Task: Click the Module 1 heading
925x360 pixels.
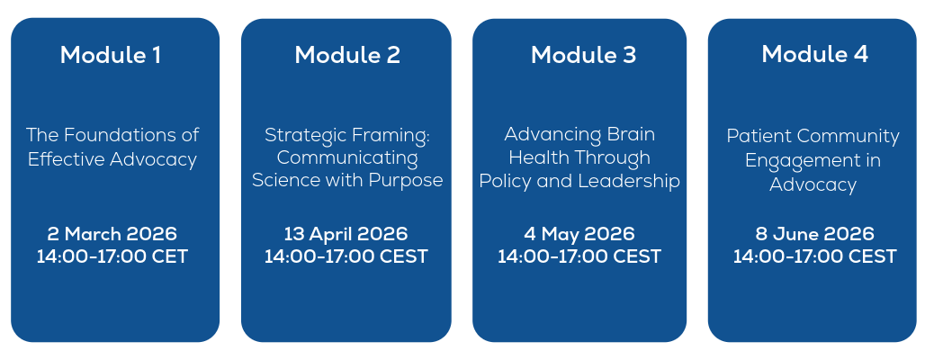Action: pyautogui.click(x=111, y=55)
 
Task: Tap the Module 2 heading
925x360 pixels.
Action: pyautogui.click(x=347, y=55)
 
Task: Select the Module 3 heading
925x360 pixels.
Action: pyautogui.click(x=583, y=55)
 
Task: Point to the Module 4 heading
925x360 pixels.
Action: pyautogui.click(x=814, y=54)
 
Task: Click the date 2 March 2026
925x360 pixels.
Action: pyautogui.click(x=112, y=234)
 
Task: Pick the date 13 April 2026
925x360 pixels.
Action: pyautogui.click(x=346, y=234)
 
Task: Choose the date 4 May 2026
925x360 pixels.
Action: pyautogui.click(x=579, y=234)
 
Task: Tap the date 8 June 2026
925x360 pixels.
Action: pyautogui.click(x=814, y=234)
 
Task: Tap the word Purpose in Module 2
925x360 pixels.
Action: pyautogui.click(x=406, y=181)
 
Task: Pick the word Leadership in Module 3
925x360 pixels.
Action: pyautogui.click(x=629, y=181)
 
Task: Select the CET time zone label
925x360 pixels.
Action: pyautogui.click(x=171, y=257)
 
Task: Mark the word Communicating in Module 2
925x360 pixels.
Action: pyautogui.click(x=347, y=158)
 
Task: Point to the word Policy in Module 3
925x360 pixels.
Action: pyautogui.click(x=505, y=181)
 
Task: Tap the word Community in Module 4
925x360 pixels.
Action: pyautogui.click(x=844, y=136)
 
